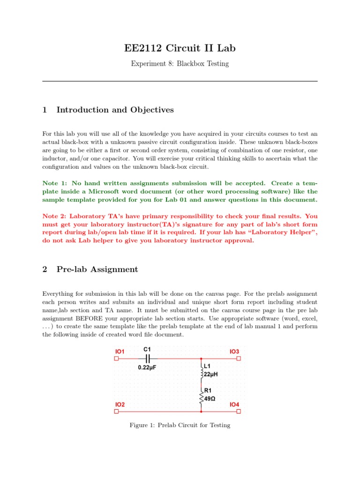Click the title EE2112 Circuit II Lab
(180, 48)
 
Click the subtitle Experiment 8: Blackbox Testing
(180, 63)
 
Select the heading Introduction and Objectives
(115, 110)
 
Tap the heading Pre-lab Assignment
(97, 269)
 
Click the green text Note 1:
(57, 183)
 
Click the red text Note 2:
(57, 216)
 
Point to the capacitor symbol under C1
(147, 359)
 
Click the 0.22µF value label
(147, 368)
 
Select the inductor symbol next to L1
(202, 370)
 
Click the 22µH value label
(210, 375)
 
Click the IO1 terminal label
(120, 351)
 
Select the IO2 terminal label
(120, 404)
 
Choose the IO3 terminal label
(234, 351)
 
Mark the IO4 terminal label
(234, 404)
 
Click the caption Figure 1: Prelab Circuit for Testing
(180, 425)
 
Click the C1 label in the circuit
(147, 349)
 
